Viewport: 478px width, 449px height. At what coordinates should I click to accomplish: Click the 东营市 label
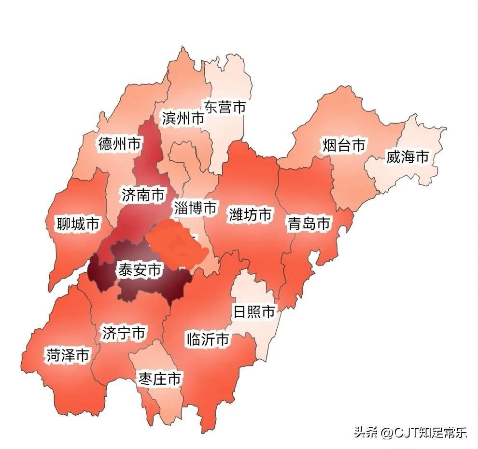225,107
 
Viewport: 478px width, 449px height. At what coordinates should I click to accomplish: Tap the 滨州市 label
183,118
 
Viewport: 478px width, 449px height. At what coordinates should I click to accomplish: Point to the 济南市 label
142,196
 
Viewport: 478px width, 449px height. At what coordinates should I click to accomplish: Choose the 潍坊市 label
250,214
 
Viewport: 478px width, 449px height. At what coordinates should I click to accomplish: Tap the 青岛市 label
309,224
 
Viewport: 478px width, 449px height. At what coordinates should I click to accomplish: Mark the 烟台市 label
344,145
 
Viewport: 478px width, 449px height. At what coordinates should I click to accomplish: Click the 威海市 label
407,156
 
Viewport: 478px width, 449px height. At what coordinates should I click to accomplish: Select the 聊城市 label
78,224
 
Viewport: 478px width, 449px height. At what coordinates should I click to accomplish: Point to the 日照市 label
254,312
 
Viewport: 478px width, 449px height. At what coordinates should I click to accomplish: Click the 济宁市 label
124,333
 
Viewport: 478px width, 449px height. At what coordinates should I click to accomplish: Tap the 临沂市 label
208,339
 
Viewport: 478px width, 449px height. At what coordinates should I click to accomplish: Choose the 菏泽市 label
68,355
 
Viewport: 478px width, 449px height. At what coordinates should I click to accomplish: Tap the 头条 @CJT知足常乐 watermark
410,432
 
